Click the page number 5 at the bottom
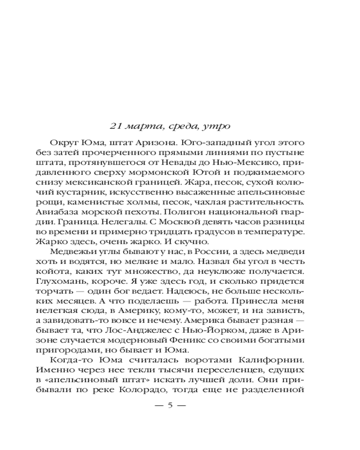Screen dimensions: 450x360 tap(170, 404)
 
